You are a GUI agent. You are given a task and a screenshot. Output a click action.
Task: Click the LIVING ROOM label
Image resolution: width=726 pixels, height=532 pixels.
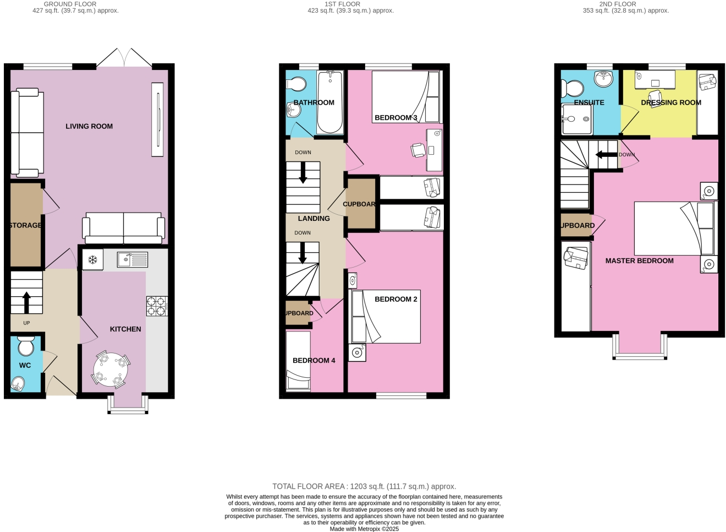[89, 126]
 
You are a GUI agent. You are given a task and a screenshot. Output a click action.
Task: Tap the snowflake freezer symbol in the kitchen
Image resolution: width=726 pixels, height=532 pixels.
[93, 259]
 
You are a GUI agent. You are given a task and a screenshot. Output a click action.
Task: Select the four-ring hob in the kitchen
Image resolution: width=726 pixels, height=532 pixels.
[156, 306]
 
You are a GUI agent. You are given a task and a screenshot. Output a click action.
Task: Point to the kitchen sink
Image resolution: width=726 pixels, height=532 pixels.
[132, 259]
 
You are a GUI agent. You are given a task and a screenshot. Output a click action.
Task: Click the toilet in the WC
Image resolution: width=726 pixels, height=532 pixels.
[25, 346]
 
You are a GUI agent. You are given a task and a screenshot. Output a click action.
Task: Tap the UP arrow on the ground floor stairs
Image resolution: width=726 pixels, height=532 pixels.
[26, 302]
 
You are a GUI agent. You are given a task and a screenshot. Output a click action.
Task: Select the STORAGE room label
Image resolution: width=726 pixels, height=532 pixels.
[25, 225]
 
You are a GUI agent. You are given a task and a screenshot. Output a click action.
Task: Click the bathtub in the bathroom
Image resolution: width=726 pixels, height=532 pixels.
[329, 102]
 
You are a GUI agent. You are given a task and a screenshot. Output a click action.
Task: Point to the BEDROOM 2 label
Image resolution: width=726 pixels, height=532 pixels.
[395, 299]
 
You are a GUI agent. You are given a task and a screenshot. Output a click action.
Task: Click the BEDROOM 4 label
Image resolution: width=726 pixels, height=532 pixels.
[313, 360]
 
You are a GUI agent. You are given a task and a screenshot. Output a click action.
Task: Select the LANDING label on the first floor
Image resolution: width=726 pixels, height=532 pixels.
[313, 219]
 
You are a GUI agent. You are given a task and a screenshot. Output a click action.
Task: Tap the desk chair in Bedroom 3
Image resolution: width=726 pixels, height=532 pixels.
[418, 149]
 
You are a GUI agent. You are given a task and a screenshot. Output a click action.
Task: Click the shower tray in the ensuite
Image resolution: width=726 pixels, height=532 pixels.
[576, 119]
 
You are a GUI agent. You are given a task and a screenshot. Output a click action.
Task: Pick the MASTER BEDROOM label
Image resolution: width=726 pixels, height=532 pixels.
[639, 260]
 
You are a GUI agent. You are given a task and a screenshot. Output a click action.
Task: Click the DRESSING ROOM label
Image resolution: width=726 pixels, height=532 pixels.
[670, 102]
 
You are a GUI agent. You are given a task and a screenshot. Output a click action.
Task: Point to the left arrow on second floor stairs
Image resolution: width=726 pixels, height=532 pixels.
[606, 155]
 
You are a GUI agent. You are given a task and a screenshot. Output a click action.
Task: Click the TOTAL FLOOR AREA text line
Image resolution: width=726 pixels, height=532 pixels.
[364, 486]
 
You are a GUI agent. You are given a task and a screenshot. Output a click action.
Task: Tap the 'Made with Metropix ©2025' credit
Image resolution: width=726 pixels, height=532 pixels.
[364, 529]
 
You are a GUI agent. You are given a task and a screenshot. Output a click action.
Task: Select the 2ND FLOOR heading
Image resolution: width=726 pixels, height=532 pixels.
[617, 4]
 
